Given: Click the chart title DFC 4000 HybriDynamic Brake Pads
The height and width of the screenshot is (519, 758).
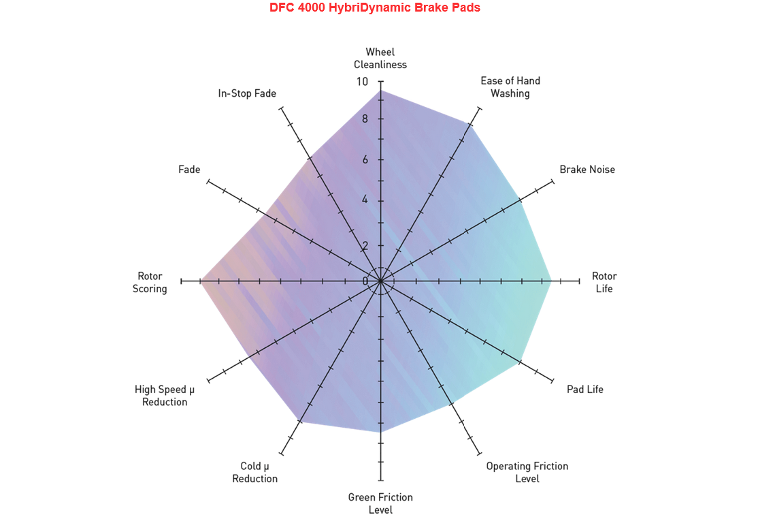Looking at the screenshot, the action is point(375,7).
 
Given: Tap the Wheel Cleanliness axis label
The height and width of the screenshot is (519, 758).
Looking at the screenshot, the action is point(380,58).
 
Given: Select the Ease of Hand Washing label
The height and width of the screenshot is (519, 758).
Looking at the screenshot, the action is point(510,87).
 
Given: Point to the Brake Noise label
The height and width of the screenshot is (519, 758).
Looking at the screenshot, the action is point(587,170).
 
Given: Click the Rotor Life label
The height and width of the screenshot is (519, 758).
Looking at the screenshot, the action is point(604,282).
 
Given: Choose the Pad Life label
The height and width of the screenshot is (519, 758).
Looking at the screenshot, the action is point(585,390).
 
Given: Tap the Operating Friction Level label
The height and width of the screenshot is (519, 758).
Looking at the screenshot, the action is point(527,472).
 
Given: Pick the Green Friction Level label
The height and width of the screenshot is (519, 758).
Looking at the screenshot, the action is point(380,503).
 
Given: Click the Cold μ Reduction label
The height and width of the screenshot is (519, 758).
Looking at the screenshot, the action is point(254,472).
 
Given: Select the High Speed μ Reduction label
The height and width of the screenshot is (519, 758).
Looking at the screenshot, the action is point(165,396).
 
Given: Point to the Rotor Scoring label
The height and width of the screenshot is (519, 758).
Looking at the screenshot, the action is point(150,282).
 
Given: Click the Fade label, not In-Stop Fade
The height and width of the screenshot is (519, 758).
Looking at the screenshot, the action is point(189,170).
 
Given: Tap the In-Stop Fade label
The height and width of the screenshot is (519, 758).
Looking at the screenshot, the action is point(247,93).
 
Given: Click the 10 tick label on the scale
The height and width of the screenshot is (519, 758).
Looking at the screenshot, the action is point(362,82).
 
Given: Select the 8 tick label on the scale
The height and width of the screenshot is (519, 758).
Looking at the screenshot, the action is point(365,119).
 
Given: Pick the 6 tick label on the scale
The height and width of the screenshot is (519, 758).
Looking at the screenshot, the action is point(365,159).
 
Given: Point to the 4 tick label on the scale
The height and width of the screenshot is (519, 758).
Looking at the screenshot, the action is point(365,200).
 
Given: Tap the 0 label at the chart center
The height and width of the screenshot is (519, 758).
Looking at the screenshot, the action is point(365,281).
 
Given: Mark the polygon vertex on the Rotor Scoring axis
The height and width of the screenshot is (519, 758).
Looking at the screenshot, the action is point(201,281).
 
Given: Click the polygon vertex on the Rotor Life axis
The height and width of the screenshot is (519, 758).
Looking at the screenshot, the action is point(551,281).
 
